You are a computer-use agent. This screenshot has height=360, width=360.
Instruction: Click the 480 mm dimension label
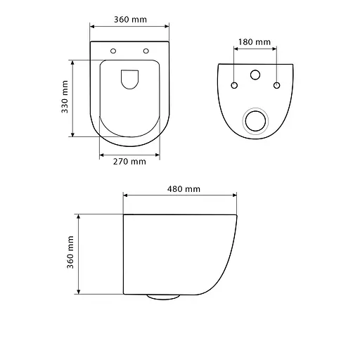coord(184,189)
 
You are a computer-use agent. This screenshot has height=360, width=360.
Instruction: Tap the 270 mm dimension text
coord(129,162)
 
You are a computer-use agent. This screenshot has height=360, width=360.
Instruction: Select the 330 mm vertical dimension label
coord(65,97)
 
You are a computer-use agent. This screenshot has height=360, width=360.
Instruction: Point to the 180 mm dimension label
coord(255,42)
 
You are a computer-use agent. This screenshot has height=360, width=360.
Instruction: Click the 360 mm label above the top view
coord(130,20)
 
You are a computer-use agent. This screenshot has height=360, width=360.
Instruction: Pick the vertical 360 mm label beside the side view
coord(70,252)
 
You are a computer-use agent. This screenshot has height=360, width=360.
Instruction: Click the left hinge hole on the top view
coord(113,51)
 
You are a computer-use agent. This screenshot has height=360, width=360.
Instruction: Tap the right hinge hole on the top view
coord(146,51)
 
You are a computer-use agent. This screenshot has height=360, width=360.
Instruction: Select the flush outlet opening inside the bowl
coord(129,79)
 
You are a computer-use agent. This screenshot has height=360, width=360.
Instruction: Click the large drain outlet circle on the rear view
coord(255,121)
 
